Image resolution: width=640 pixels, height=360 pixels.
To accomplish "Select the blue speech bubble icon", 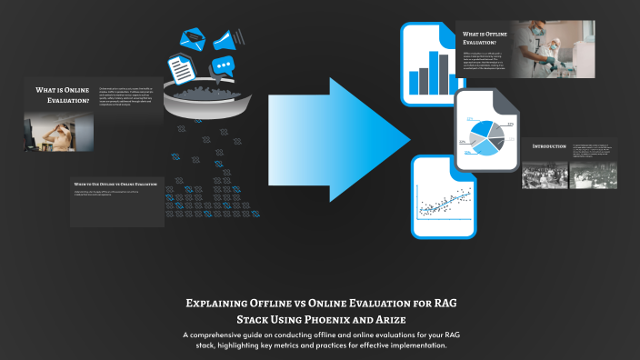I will (x=223, y=66).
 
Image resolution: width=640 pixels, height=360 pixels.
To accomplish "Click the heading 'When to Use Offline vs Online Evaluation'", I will (x=115, y=184).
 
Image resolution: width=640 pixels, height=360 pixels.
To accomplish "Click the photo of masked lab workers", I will (x=563, y=48).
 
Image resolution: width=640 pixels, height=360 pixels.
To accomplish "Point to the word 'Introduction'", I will (x=543, y=145).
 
